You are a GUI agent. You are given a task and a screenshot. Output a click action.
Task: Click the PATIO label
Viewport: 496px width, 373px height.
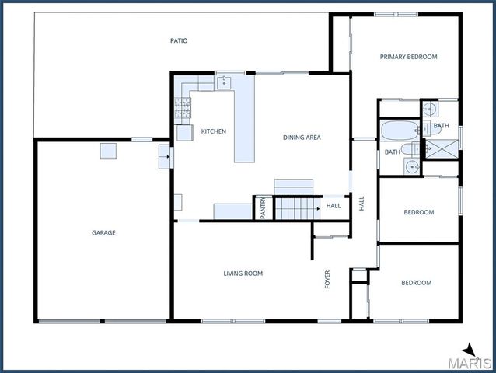tap(179, 40)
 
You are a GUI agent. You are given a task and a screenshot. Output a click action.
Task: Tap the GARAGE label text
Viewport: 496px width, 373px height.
tap(103, 232)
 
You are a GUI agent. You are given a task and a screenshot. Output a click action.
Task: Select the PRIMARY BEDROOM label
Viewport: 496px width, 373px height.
tap(408, 57)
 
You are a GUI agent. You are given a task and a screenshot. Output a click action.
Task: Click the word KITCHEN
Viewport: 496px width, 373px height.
tap(213, 131)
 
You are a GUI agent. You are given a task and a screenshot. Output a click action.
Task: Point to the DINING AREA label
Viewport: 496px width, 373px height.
tap(301, 138)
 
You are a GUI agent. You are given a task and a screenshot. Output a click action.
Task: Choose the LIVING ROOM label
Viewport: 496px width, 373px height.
tap(243, 274)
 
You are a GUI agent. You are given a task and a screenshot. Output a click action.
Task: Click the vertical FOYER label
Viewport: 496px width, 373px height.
tap(327, 278)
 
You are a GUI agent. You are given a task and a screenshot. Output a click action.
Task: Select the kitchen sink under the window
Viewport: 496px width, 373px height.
tap(225, 81)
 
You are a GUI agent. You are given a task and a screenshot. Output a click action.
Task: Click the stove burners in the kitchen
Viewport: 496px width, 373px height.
tap(183, 110)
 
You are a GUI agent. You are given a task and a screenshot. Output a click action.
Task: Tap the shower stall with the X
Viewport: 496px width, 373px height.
tap(442, 147)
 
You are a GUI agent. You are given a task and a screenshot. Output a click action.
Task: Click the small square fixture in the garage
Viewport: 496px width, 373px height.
tap(108, 152)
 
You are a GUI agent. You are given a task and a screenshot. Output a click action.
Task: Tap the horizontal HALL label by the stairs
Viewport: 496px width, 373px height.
tap(333, 206)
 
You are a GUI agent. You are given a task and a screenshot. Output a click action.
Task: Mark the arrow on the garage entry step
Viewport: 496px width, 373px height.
tap(164, 156)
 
